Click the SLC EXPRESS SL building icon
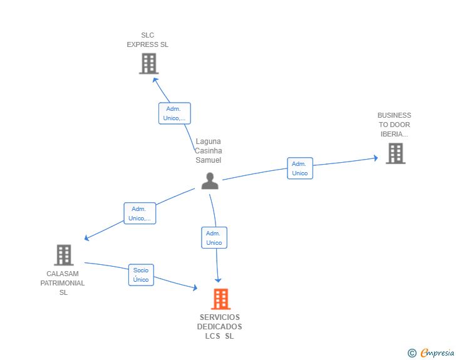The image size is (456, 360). [148, 63]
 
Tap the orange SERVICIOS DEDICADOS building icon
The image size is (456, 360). [220, 299]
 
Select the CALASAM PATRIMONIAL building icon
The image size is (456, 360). [64, 255]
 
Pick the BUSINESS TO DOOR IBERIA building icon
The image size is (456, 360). [395, 153]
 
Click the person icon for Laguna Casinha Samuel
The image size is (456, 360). [210, 181]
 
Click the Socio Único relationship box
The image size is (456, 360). [141, 275]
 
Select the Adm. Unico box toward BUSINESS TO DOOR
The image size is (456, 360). [300, 168]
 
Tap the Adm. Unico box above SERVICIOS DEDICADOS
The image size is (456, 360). [214, 237]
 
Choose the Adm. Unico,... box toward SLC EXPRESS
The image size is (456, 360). [175, 113]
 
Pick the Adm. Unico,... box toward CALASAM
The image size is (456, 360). [140, 213]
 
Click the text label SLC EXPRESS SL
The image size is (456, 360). [147, 40]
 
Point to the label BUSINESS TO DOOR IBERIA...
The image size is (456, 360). [395, 125]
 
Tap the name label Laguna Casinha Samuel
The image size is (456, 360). [208, 151]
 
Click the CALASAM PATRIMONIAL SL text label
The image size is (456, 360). [63, 283]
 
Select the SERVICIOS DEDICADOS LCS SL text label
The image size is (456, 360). [220, 327]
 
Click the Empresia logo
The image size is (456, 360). [437, 352]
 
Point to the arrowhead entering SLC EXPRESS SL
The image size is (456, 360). [155, 80]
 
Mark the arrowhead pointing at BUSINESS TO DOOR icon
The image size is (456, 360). [375, 158]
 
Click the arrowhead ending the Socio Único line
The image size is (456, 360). [195, 287]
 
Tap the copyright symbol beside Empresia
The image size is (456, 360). [412, 353]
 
